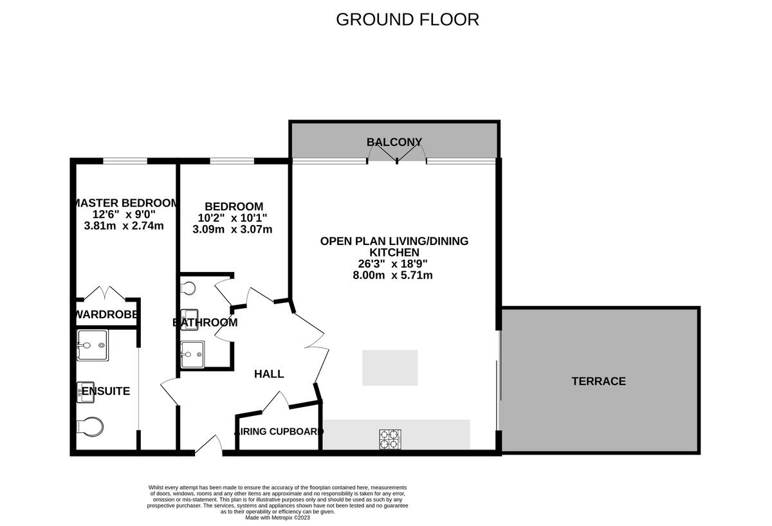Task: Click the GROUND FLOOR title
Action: coord(407,19)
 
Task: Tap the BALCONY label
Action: coord(394,142)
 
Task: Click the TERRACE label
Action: coord(598,381)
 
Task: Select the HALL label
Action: coord(269,374)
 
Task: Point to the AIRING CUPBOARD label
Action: coord(279,431)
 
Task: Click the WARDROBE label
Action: coord(106,315)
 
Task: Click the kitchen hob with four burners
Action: coord(390,439)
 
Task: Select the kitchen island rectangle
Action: coord(390,368)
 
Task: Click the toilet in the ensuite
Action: coord(89,426)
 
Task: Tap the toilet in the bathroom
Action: coord(187,289)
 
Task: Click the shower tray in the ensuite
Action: coord(91,347)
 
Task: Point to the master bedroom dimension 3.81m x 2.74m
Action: coord(124,226)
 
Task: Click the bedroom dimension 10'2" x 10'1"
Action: coord(232,217)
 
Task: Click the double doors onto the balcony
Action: coord(397,153)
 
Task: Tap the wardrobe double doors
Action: coord(105,294)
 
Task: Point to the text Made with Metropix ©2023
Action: coord(277,518)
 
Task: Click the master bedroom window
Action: coord(124,161)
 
